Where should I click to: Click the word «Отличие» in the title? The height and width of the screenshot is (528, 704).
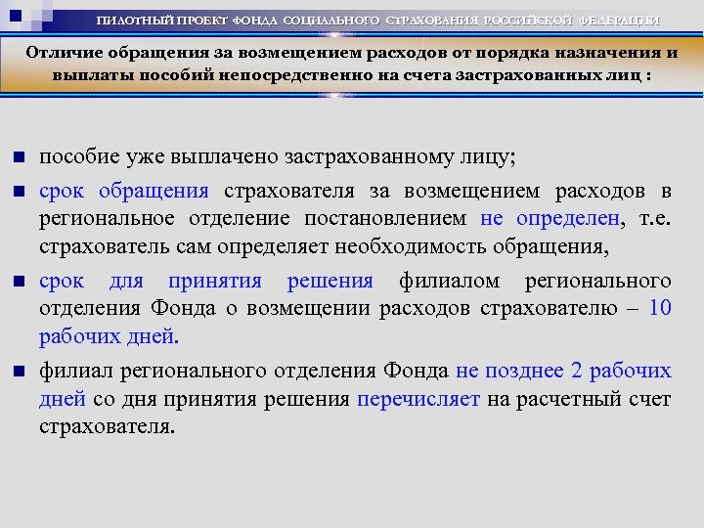(x=61, y=55)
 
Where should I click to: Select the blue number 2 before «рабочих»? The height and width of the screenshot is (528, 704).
(x=576, y=371)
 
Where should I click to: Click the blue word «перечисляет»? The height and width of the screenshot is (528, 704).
(x=418, y=399)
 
